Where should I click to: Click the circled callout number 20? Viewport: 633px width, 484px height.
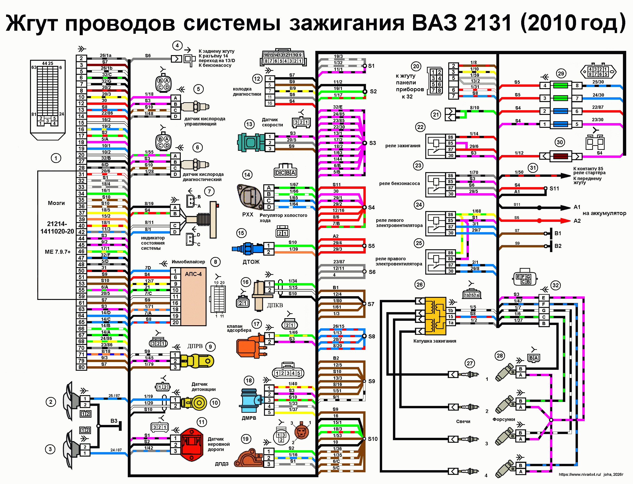pos(416,67)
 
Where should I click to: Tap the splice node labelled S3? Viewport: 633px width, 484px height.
pos(364,143)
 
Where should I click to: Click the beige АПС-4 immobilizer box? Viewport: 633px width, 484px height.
pos(193,297)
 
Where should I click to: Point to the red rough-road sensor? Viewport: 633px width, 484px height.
pos(192,444)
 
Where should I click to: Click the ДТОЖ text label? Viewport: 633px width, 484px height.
pos(251,262)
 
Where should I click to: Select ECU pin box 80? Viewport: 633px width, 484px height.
pos(82,367)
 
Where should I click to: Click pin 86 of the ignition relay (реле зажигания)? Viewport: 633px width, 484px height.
pos(450,137)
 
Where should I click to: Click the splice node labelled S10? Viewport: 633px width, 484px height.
pos(364,439)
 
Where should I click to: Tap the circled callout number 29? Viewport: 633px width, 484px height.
pos(561,73)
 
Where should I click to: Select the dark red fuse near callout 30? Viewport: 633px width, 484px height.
pos(561,156)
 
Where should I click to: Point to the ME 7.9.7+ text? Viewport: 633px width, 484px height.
pos(58,252)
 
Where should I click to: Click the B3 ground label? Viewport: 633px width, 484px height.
pos(114,421)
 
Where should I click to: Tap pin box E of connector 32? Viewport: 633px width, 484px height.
pos(543,298)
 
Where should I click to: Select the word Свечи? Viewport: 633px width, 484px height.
pos(463,421)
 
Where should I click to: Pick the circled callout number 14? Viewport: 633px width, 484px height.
pos(247,175)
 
